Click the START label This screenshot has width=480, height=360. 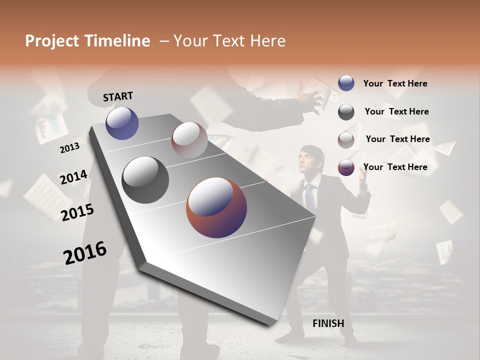point(118,96)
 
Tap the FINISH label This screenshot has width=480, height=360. point(328,323)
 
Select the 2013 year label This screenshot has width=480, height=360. point(69,147)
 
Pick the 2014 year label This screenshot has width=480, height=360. point(73,177)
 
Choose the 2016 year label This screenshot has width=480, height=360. point(85,252)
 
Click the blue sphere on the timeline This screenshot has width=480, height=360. point(122,123)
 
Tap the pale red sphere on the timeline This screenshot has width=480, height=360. point(189,139)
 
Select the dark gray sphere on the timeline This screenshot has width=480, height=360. point(145,179)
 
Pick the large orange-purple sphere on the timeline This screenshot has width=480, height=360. point(216,207)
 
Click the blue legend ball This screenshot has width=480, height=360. point(346,83)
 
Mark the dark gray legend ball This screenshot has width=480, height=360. point(346,112)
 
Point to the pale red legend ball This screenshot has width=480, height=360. point(346,140)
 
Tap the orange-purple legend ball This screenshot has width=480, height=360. point(346,167)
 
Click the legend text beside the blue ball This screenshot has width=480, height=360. point(395,83)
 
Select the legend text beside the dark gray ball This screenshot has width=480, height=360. point(396,111)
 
